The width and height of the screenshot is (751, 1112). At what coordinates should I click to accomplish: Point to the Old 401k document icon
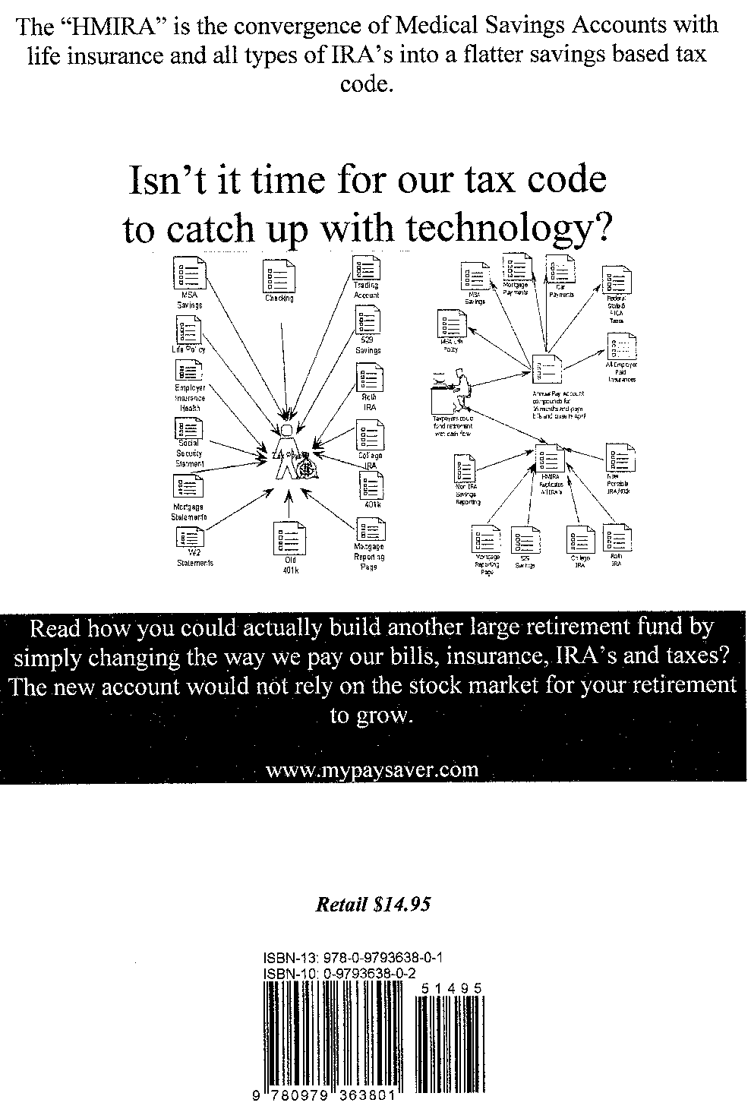click(x=291, y=539)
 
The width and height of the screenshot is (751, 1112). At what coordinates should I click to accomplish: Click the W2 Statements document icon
click(x=189, y=538)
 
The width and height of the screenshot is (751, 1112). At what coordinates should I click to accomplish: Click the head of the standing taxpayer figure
click(x=286, y=431)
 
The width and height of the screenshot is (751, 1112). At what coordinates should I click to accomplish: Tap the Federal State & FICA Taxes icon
click(x=616, y=280)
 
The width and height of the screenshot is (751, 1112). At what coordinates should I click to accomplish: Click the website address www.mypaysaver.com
click(x=373, y=769)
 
